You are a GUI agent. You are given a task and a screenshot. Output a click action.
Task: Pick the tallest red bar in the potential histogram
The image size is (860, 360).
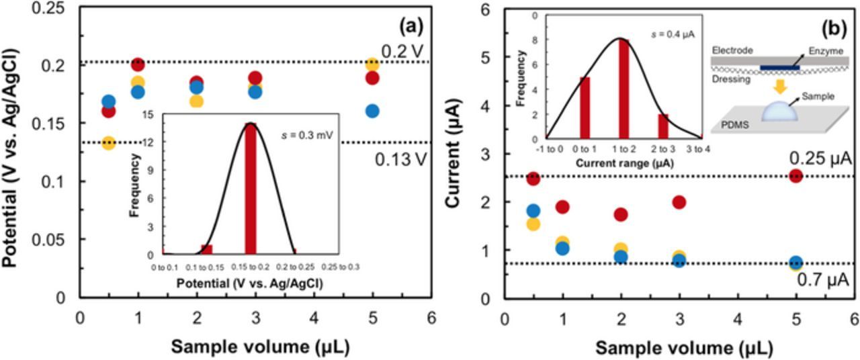251,188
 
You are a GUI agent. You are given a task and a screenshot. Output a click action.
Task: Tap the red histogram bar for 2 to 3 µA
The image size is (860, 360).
662,126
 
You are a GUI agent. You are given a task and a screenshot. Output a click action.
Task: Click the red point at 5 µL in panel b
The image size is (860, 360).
795,176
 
